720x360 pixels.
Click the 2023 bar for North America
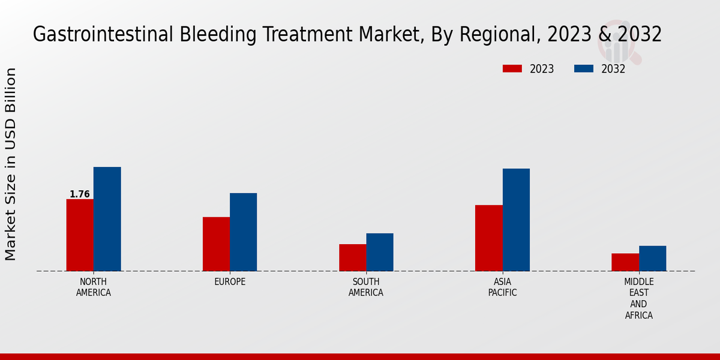tap(80, 235)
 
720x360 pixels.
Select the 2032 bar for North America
tap(107, 219)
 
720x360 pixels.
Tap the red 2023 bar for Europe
tap(216, 244)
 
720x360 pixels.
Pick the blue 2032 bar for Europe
tap(243, 232)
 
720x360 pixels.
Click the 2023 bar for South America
tap(352, 257)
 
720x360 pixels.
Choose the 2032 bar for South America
tap(380, 252)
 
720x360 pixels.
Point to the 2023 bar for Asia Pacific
tap(488, 238)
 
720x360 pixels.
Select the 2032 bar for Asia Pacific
tap(516, 220)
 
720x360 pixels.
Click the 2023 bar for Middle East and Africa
tap(625, 262)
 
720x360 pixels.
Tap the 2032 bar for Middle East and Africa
tap(652, 258)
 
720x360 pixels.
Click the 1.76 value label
tap(79, 194)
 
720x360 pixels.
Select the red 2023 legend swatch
tap(512, 69)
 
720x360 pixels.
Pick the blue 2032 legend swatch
tap(583, 69)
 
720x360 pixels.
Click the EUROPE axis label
tap(230, 282)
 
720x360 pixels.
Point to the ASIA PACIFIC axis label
tap(502, 287)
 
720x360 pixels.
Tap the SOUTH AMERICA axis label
tap(366, 287)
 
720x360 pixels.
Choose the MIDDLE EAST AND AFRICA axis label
tap(638, 298)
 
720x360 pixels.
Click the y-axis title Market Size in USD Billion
tap(11, 164)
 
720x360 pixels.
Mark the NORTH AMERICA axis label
tap(94, 287)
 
